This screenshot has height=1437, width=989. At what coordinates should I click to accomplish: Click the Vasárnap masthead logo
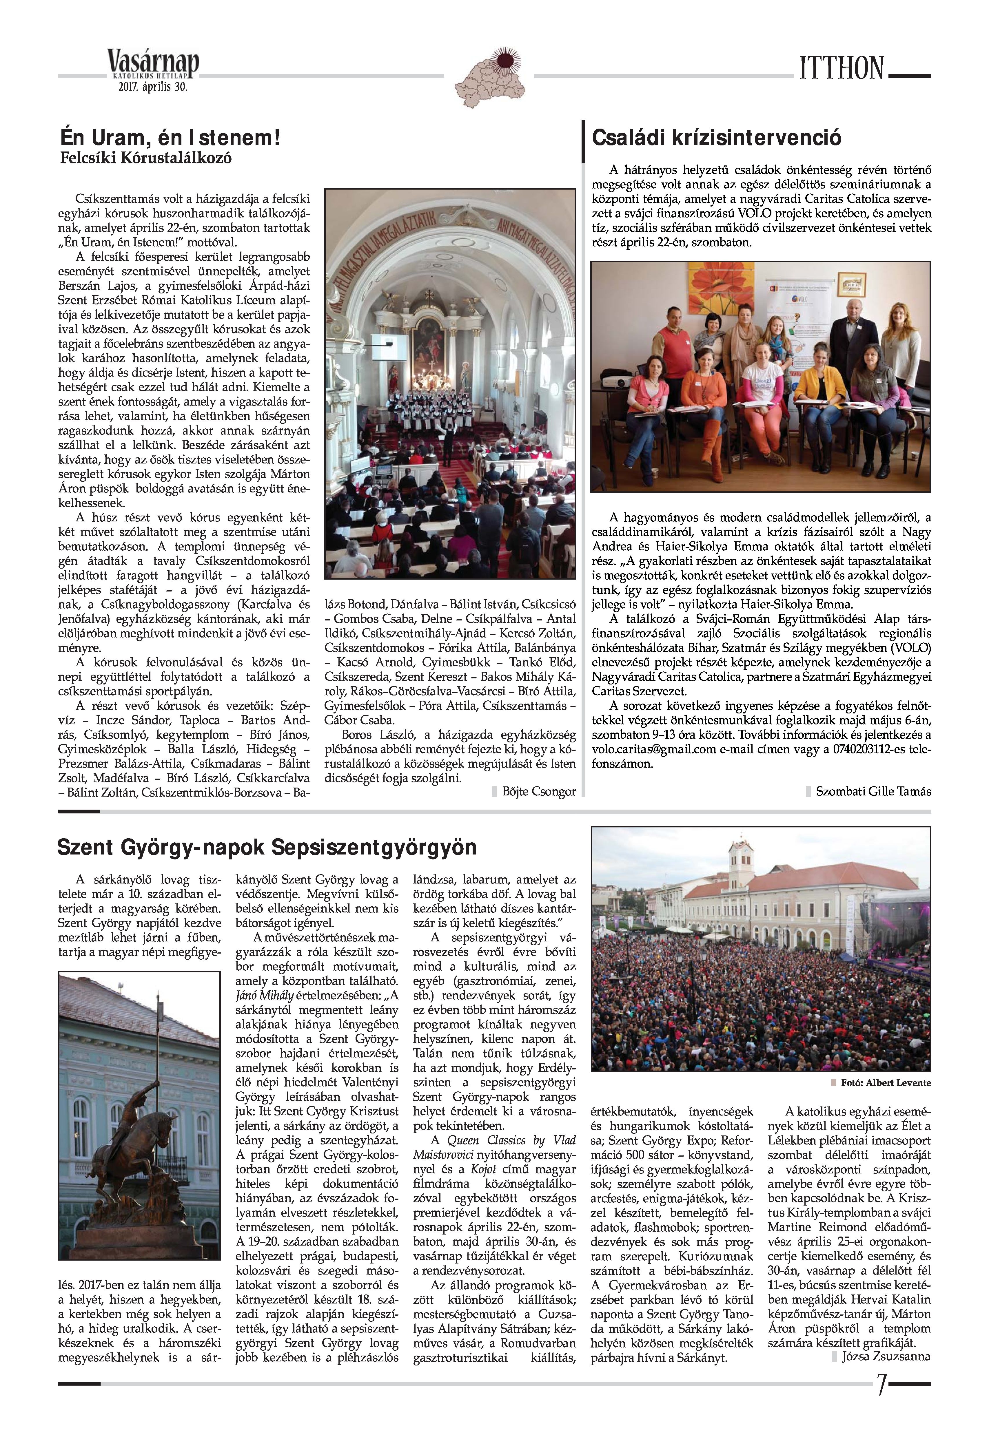(153, 64)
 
